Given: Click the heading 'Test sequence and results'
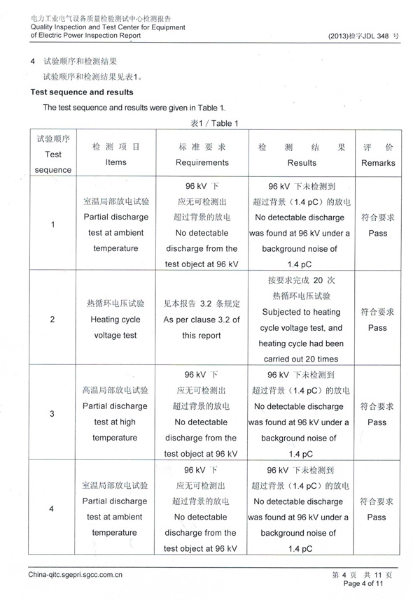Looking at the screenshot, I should [x=83, y=92].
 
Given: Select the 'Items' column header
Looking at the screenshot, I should [x=115, y=162].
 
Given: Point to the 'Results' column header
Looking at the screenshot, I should [x=302, y=162].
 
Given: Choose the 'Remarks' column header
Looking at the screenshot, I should [x=378, y=163].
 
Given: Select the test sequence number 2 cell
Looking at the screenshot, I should [x=53, y=320].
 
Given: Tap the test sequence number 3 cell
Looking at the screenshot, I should [x=53, y=414].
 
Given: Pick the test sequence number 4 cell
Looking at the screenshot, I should [x=53, y=508].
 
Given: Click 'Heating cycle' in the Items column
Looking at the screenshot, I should [x=115, y=320].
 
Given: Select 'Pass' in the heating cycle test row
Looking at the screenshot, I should [x=377, y=327].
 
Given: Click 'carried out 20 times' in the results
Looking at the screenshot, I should [x=302, y=359].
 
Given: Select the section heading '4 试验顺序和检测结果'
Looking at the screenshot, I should [x=82, y=62].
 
